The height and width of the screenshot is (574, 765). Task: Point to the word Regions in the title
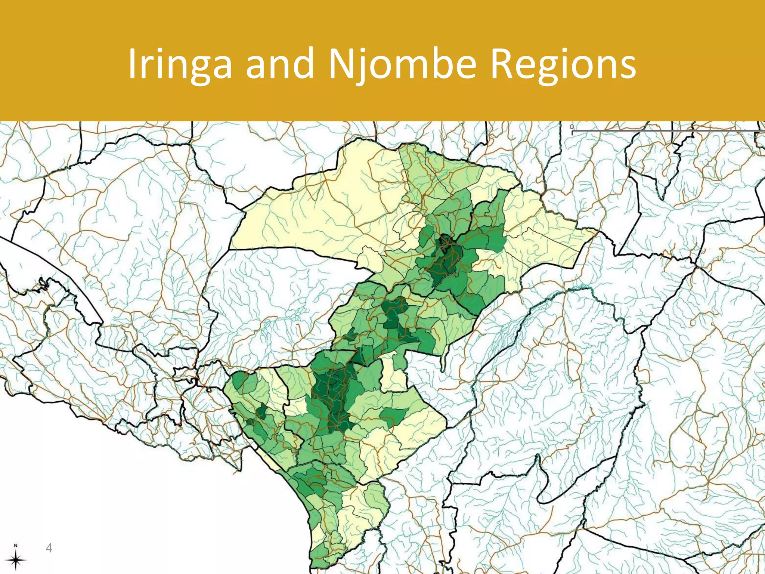[563, 64]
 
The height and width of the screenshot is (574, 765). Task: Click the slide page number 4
[49, 548]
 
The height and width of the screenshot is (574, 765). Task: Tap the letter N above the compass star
[16, 545]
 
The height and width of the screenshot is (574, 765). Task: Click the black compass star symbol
[16, 560]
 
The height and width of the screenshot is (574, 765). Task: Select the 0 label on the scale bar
[572, 127]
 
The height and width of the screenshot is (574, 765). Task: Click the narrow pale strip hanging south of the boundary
[443, 361]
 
